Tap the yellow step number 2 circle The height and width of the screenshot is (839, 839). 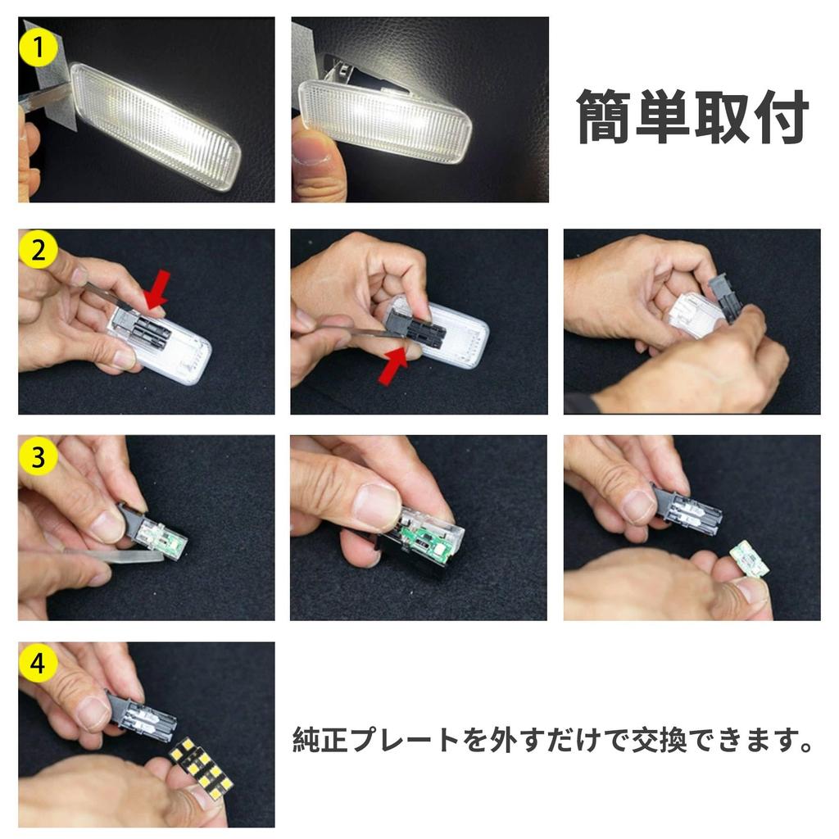38,251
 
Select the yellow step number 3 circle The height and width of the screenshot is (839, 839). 38,457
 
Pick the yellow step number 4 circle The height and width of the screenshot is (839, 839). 38,664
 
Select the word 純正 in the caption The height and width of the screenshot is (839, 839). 321,741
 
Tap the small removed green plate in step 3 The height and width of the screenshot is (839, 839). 748,559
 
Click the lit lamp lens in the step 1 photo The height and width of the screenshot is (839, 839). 156,127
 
